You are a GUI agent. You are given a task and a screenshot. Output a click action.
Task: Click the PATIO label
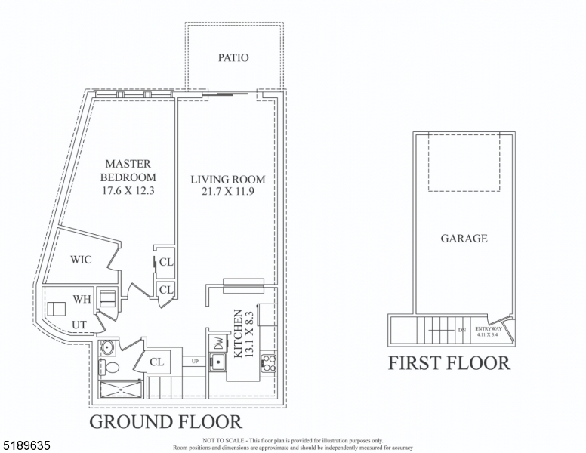[x=233, y=57]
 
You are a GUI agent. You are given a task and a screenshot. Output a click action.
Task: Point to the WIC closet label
[x=81, y=260]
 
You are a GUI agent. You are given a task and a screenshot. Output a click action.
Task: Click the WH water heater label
[x=82, y=300]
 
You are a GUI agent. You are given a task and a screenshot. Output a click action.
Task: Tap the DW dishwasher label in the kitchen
[x=217, y=342]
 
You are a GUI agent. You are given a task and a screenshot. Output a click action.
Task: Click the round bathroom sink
[x=106, y=348]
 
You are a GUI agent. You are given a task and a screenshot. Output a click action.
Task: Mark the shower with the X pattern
[x=122, y=390]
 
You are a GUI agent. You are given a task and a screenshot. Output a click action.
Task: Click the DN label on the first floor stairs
[x=461, y=331]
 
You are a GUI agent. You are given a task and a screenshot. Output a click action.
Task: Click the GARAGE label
[x=464, y=239]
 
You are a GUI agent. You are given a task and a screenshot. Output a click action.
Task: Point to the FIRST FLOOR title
[x=449, y=363]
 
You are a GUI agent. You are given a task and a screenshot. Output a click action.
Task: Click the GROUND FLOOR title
[x=165, y=422]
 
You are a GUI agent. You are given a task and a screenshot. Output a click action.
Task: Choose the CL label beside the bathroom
[x=156, y=362]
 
